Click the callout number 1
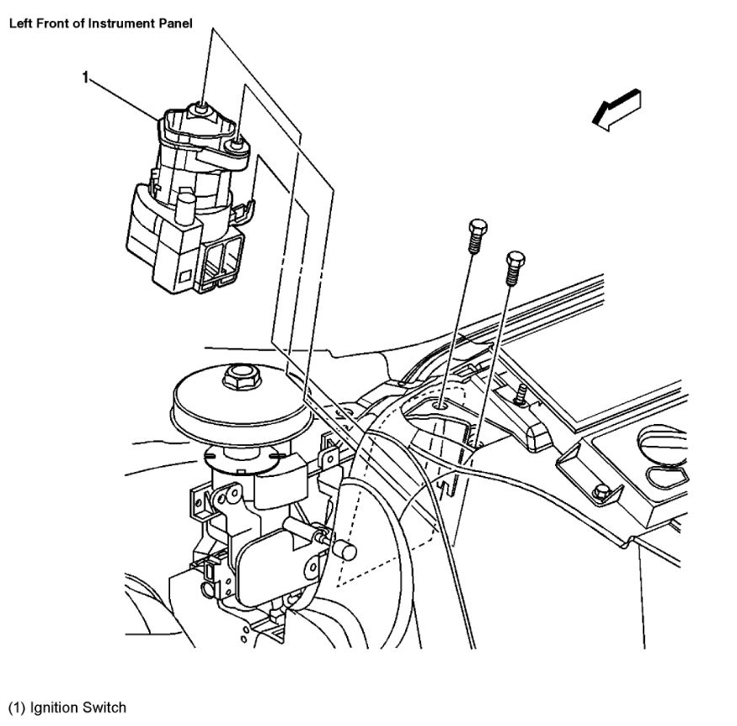(x=85, y=77)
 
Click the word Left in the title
(x=20, y=24)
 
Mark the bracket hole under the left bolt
(x=441, y=406)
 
